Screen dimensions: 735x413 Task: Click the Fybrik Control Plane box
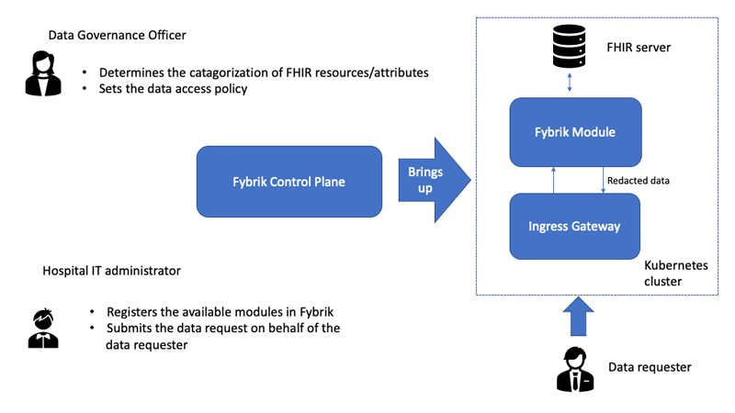[289, 182]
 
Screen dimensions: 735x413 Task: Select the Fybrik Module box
[576, 132]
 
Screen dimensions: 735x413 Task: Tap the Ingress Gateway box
[575, 226]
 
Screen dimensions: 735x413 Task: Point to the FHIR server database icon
[569, 47]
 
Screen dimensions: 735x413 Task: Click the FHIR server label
[639, 48]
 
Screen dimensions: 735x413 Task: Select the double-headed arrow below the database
[570, 83]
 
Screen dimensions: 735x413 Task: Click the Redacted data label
[639, 181]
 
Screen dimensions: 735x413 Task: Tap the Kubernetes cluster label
[676, 273]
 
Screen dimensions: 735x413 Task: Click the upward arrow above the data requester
[579, 316]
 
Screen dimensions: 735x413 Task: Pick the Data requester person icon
[575, 369]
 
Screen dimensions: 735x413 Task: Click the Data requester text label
[650, 367]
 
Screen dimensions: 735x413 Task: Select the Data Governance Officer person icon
[43, 73]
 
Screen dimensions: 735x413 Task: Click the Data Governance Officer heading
[118, 35]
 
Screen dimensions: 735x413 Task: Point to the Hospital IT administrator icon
[43, 329]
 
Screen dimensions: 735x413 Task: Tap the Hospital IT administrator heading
[111, 271]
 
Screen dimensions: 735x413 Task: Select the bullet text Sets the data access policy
[173, 89]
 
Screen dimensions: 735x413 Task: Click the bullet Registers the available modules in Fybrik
[220, 312]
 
